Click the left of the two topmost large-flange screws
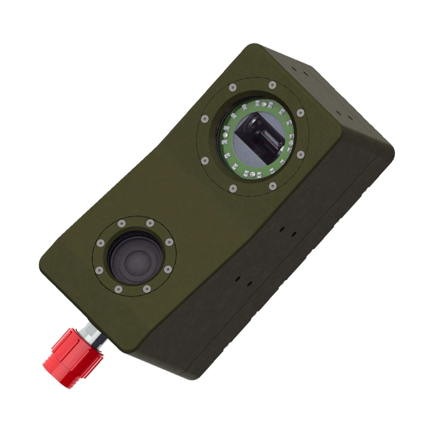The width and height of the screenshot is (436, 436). point(232,88)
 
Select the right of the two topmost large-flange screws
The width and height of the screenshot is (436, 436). point(272,85)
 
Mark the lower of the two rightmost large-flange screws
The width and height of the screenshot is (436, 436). point(300,155)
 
